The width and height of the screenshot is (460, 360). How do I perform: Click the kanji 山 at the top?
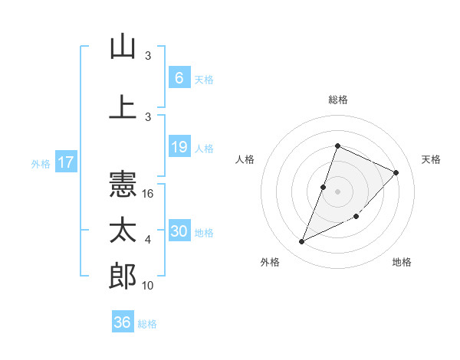tap(123, 47)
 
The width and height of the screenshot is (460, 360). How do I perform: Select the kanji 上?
tap(123, 106)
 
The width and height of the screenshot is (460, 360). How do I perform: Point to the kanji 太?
tap(123, 230)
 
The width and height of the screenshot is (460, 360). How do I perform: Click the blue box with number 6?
tap(179, 78)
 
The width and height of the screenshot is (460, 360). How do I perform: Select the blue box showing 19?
tap(179, 147)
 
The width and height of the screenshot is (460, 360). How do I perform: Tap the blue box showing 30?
tap(179, 231)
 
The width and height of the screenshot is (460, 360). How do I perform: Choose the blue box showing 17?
tap(65, 162)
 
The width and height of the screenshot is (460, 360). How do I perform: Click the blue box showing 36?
tap(122, 322)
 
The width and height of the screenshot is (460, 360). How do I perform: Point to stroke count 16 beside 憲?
tap(149, 194)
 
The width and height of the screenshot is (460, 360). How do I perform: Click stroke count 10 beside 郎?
tap(149, 286)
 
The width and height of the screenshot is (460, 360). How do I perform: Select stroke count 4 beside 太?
tap(148, 240)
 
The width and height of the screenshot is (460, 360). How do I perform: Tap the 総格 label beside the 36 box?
tap(147, 324)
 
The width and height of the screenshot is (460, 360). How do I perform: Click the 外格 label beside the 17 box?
tap(40, 163)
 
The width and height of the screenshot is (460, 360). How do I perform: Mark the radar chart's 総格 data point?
tap(337, 146)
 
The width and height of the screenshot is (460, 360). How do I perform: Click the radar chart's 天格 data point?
tap(396, 172)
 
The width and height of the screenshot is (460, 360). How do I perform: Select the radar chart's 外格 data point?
tap(301, 242)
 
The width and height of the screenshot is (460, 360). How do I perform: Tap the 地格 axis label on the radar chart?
tap(402, 263)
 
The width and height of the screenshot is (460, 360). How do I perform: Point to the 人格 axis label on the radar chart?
tap(245, 159)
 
